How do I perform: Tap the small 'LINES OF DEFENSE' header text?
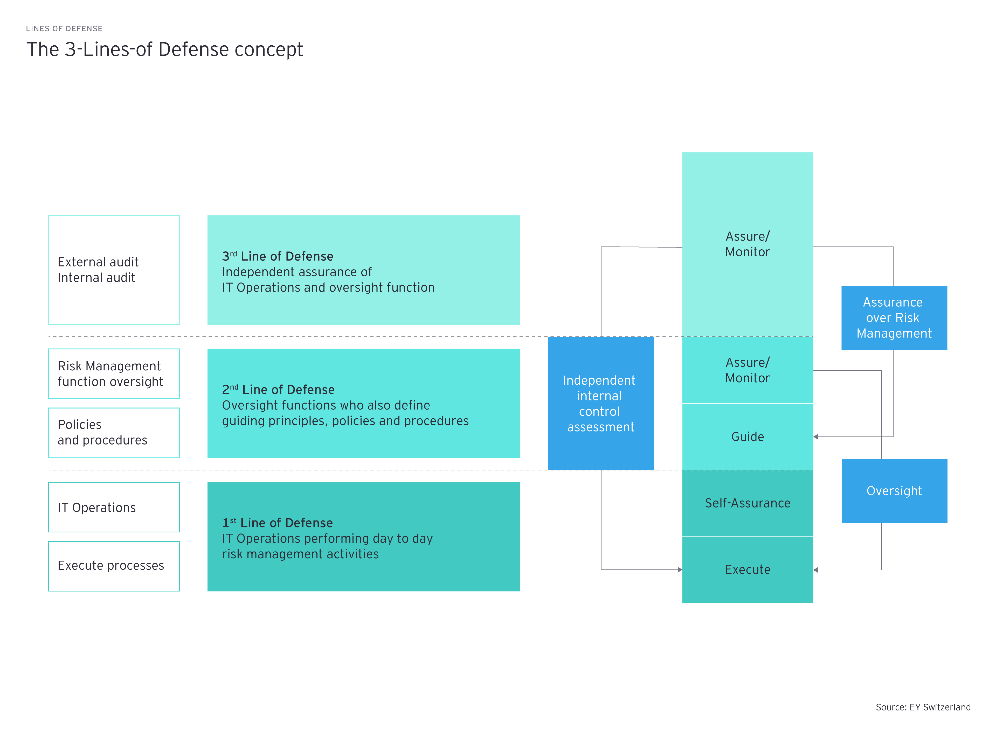[x=64, y=29]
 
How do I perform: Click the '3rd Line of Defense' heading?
[x=278, y=256]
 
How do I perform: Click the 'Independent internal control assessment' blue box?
[x=601, y=403]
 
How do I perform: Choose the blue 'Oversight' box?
[x=894, y=491]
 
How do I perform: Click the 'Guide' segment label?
[x=747, y=437]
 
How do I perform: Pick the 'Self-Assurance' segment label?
[x=747, y=503]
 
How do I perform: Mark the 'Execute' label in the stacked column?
[x=747, y=569]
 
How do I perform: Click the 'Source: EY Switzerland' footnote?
[x=923, y=707]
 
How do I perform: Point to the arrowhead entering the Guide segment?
[x=816, y=437]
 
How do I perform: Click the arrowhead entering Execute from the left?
[x=680, y=569]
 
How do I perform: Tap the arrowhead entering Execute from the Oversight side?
[x=816, y=570]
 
